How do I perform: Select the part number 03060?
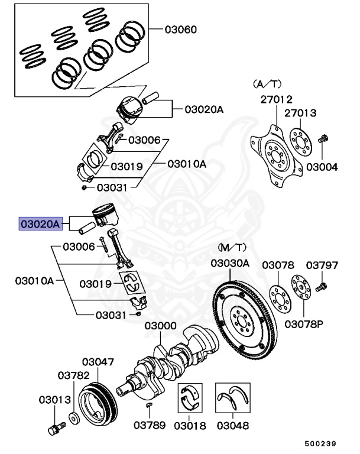(180, 30)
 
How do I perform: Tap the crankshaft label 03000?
(161, 326)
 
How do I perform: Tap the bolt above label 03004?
(323, 141)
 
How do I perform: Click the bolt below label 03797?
(322, 287)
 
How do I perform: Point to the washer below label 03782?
(73, 417)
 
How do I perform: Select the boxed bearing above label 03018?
(191, 399)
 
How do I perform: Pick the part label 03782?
(73, 375)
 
